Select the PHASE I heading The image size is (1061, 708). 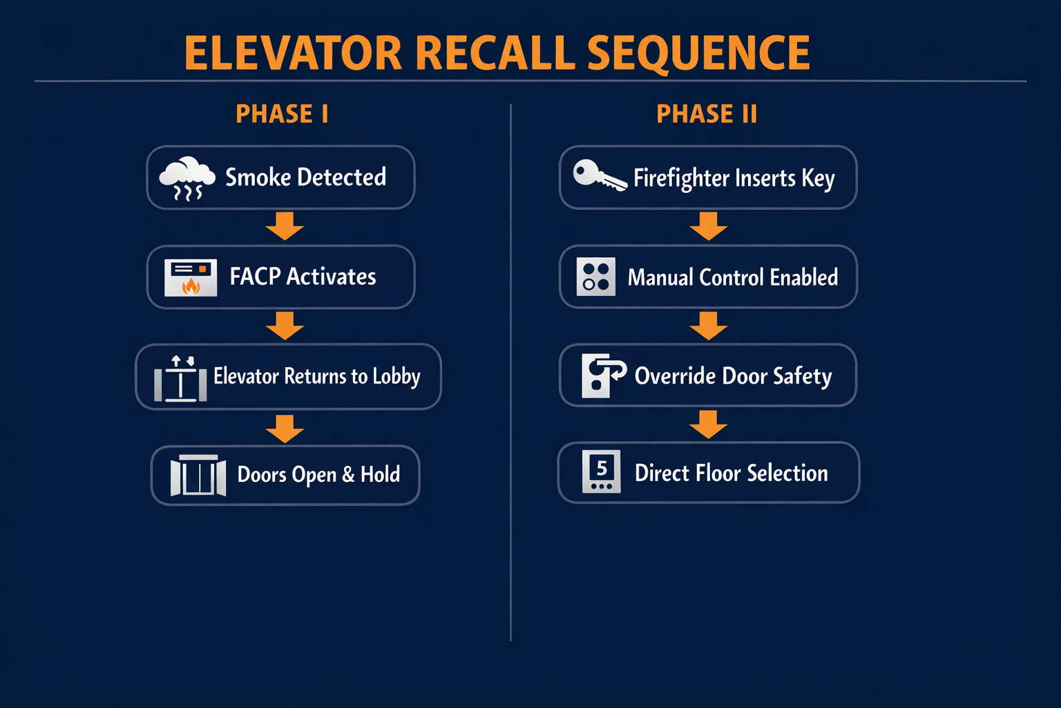tap(282, 114)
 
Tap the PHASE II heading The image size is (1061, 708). tap(707, 114)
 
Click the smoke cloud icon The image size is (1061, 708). tap(187, 178)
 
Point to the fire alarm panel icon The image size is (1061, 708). tap(191, 277)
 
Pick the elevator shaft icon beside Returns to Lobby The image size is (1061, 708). tap(180, 379)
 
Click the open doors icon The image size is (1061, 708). tap(198, 475)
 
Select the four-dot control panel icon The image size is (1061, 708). tap(595, 277)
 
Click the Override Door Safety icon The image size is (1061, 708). tap(602, 375)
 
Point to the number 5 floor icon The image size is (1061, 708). tap(601, 472)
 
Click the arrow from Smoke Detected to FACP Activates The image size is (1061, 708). tap(285, 226)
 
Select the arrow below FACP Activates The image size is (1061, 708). tap(285, 326)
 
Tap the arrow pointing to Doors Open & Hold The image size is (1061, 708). tap(285, 429)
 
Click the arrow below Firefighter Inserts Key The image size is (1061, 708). tap(708, 226)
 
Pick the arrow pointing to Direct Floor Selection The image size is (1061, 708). tap(708, 425)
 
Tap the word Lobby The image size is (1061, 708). tap(396, 377)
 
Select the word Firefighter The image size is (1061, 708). tap(681, 178)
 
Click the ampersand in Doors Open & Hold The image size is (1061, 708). tap(348, 475)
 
